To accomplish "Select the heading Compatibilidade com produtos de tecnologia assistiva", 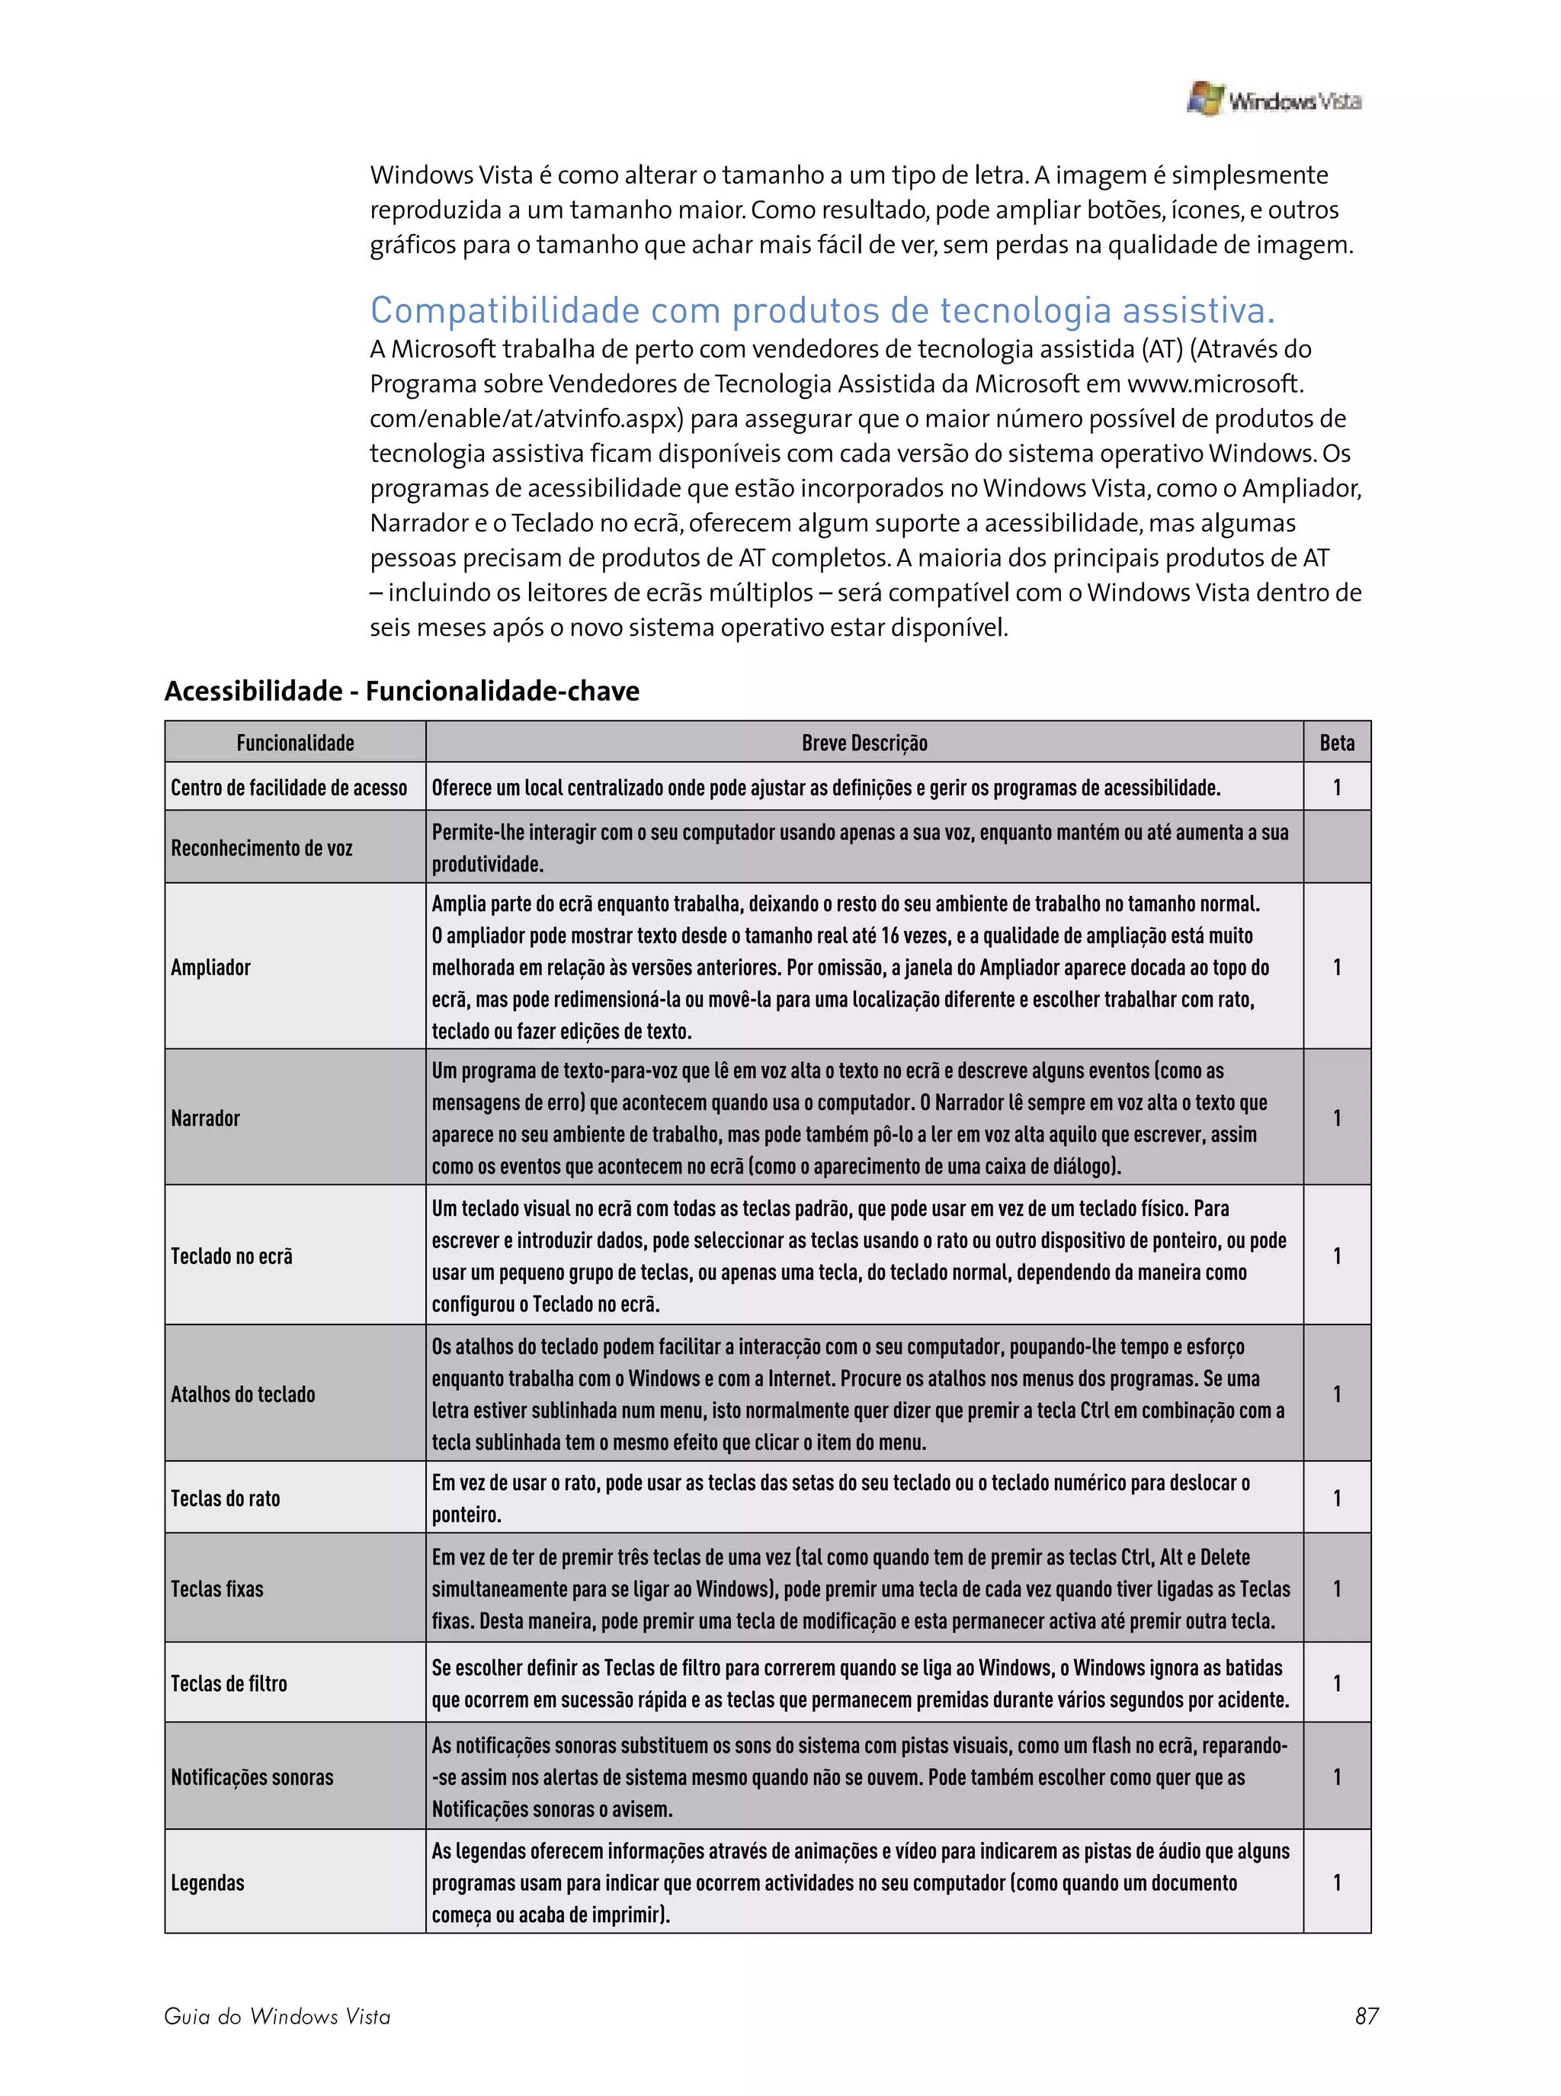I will coord(822,310).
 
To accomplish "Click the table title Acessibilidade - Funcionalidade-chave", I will coord(402,691).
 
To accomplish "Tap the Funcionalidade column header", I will coord(295,743).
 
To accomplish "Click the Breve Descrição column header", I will coord(864,743).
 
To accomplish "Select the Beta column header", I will coord(1336,743).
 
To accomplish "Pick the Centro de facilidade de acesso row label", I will coord(288,787).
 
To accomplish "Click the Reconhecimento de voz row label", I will coord(261,848).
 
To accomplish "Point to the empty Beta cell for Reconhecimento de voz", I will coord(1336,847).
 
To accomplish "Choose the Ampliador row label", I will coord(210,967).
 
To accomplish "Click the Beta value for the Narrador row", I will coord(1336,1118).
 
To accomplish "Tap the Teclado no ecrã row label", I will coord(232,1256).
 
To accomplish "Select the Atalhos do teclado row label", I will coord(243,1394).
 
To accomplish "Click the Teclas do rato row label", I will coord(225,1497).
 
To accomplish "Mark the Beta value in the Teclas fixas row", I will coord(1336,1588).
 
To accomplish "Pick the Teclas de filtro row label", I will coord(229,1683).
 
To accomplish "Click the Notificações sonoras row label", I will coord(252,1777).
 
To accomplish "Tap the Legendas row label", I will coord(207,1883).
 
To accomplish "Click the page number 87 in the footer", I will coord(1367,2016).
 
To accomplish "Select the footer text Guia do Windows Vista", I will coord(277,2016).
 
